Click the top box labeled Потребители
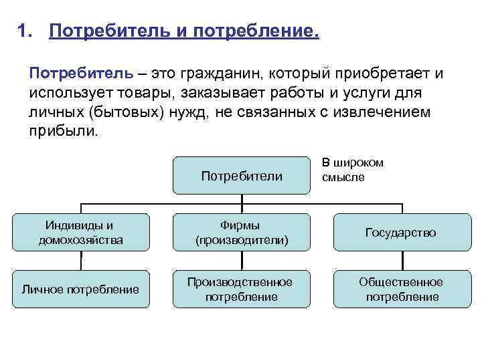tap(241, 176)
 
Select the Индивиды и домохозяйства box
tap(81, 232)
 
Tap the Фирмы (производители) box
tap(241, 232)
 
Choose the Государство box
tap(400, 232)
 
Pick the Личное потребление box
tap(81, 289)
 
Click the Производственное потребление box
tap(241, 289)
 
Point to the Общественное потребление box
tap(400, 289)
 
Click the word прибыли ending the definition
tap(64, 130)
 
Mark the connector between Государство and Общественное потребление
tap(400, 259)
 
